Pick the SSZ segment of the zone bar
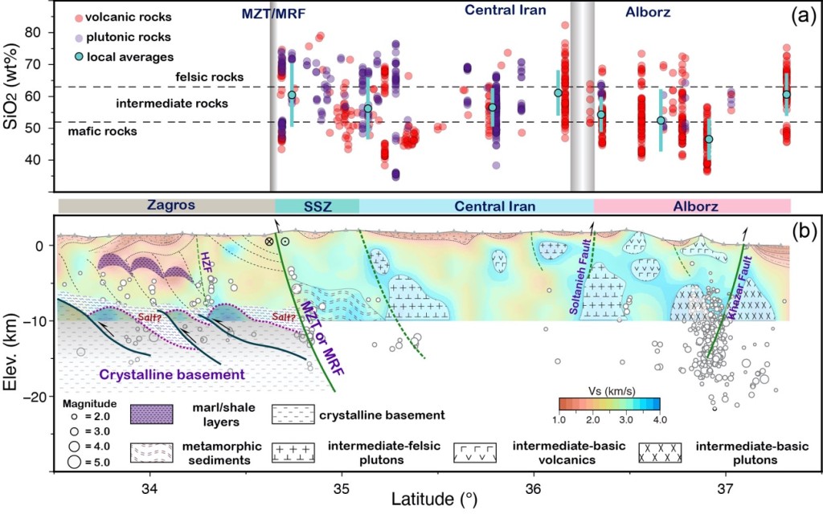click(x=317, y=205)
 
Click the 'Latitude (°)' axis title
click(x=433, y=500)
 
